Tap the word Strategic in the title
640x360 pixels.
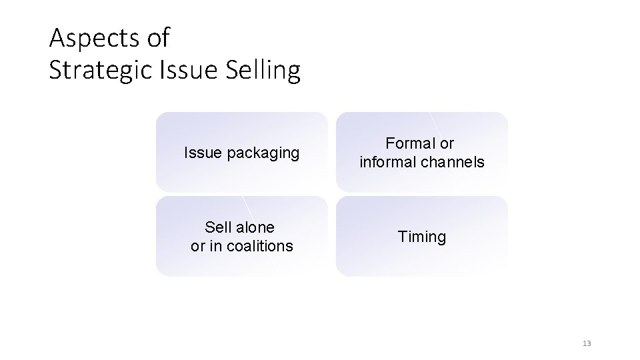(100, 70)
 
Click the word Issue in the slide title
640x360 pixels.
(182, 70)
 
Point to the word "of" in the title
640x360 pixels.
(157, 39)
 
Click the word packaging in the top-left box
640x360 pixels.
(263, 153)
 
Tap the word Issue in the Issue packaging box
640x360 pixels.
(203, 153)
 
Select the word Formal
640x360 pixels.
(411, 143)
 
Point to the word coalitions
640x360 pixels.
(260, 246)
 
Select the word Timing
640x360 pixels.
(422, 237)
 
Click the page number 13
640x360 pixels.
(587, 343)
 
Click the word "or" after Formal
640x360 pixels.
(447, 143)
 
